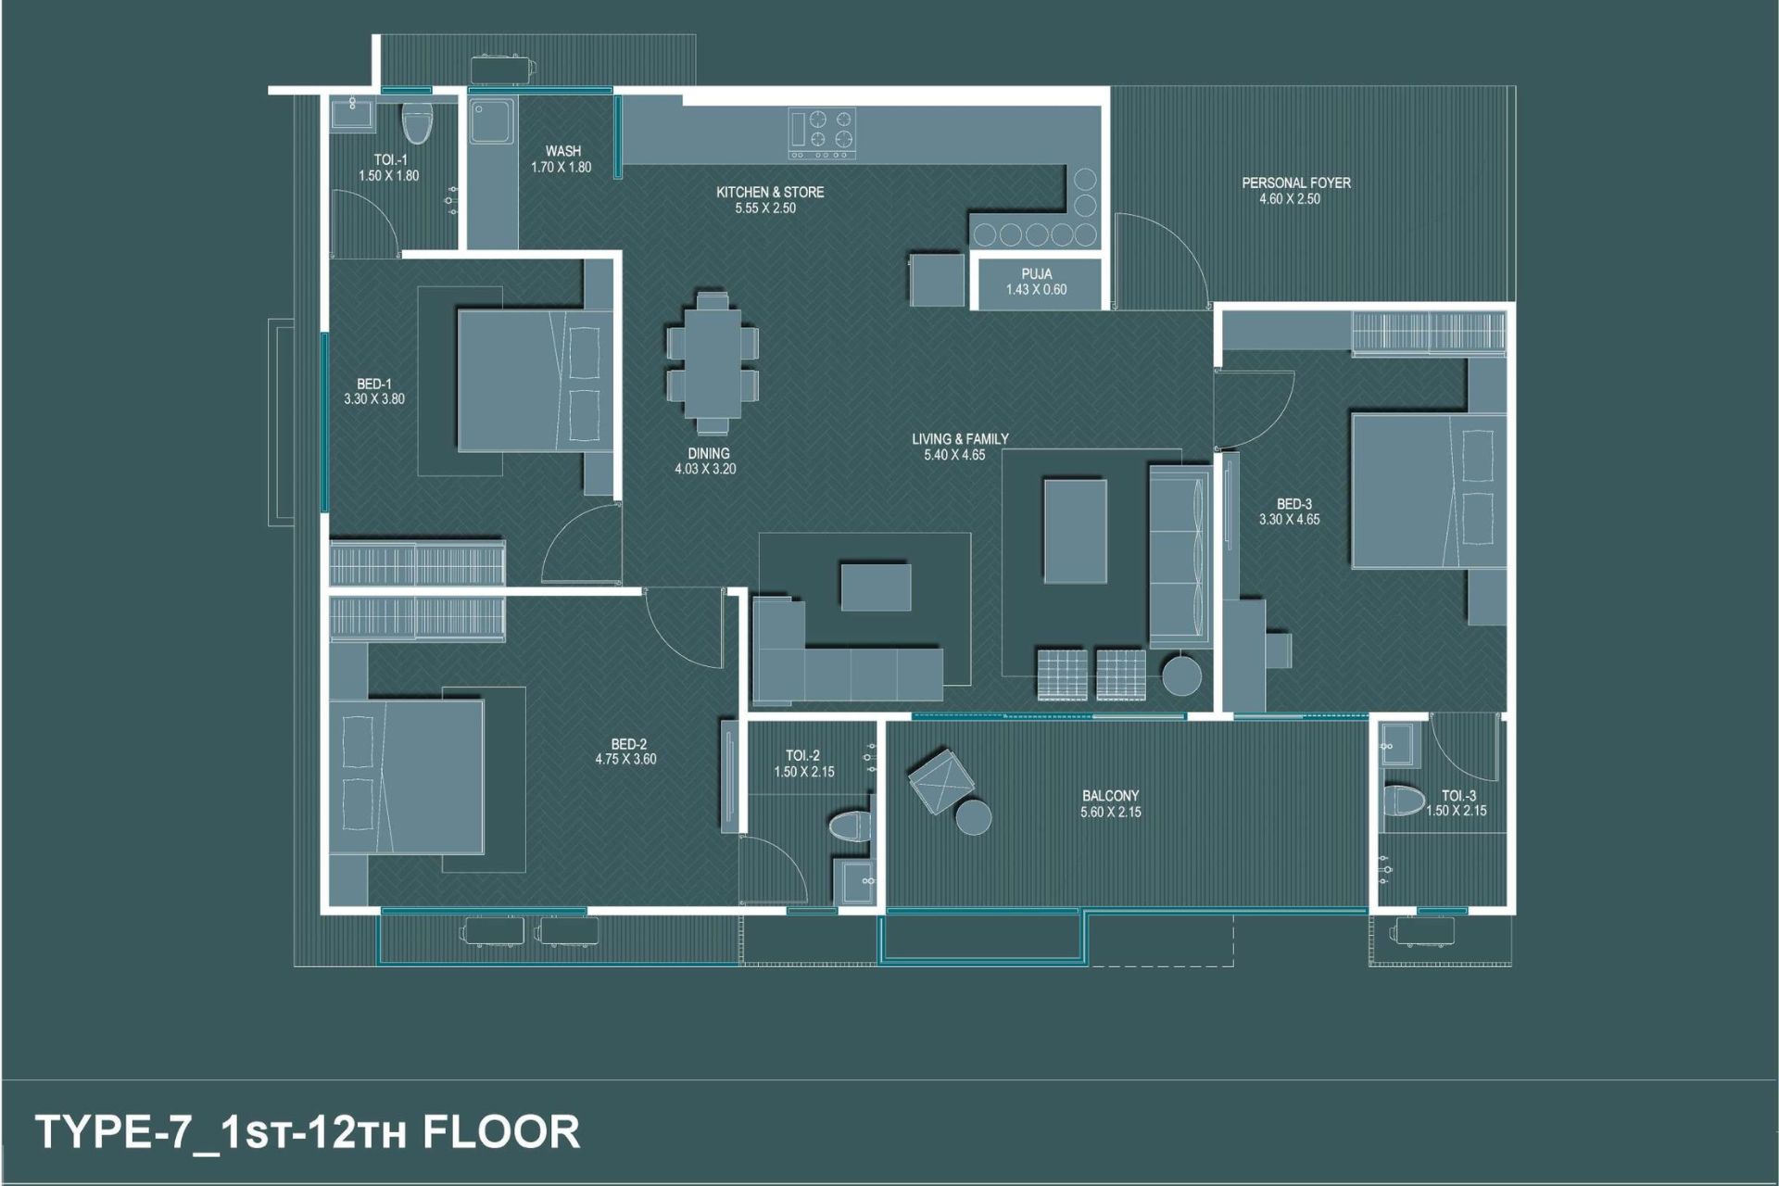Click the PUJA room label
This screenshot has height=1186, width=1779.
(1036, 274)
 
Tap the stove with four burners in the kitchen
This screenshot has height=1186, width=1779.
(822, 133)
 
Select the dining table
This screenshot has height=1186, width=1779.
(713, 362)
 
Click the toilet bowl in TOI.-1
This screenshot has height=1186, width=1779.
(418, 123)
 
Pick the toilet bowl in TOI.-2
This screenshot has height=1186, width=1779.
(850, 826)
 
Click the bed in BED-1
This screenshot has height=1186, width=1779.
(536, 380)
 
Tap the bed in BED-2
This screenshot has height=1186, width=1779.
(407, 776)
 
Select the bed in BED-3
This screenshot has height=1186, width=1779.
(1429, 490)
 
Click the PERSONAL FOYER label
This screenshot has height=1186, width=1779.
(1296, 183)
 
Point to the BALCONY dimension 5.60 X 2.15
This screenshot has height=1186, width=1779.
(1111, 813)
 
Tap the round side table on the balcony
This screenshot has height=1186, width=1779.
(974, 816)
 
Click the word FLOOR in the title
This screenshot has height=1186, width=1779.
(501, 1132)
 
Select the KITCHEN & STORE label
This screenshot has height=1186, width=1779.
(770, 193)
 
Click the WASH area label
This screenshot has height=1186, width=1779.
(563, 151)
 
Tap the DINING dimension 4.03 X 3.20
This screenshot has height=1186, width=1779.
(706, 469)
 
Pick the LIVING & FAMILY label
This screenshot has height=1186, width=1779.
(960, 439)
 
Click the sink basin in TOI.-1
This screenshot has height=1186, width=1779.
(352, 114)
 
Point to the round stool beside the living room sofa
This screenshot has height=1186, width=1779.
(1182, 675)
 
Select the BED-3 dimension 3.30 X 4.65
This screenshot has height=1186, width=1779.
(1290, 520)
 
